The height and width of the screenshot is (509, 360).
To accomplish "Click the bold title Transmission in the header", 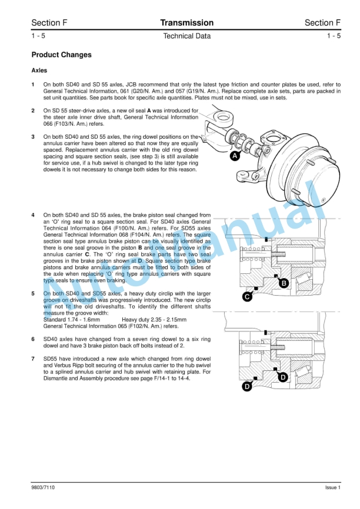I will [x=186, y=23].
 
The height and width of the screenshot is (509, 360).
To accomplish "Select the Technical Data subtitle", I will [x=186, y=36].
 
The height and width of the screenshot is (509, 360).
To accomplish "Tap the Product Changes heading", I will [x=61, y=55].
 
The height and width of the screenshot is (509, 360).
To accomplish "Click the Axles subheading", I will [x=39, y=71].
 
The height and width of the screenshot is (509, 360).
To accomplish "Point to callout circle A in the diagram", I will [x=235, y=156].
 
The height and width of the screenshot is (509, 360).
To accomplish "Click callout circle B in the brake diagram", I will [x=284, y=283].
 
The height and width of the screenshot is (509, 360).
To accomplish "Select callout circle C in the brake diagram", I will [x=248, y=297].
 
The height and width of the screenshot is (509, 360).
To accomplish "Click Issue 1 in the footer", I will [x=332, y=487].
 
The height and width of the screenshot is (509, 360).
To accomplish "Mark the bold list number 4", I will [x=33, y=215].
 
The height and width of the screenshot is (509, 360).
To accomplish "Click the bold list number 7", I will [x=33, y=358].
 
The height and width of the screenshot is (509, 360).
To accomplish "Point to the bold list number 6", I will [x=33, y=339].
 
